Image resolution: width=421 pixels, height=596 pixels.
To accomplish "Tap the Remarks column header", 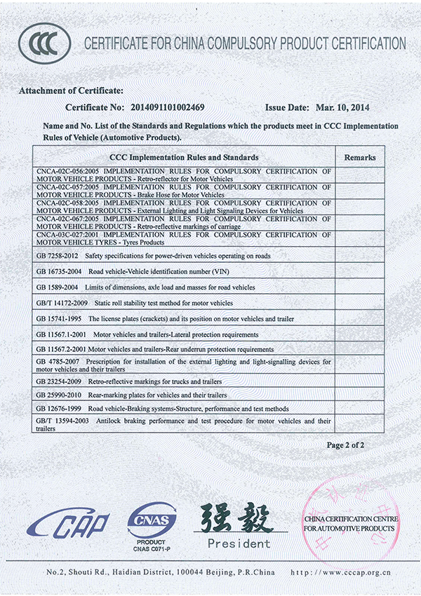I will coord(360,158).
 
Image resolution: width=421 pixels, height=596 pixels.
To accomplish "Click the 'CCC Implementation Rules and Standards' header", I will coord(185,158).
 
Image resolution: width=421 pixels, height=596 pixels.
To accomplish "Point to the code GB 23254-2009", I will coord(59,382).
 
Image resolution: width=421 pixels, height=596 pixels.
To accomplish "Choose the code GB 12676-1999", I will coord(59,408).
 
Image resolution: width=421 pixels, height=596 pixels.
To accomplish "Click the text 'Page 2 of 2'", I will coord(346,445).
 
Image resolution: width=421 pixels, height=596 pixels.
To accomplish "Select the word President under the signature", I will coord(239,543).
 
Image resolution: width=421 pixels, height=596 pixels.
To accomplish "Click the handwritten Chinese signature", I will coord(236,520).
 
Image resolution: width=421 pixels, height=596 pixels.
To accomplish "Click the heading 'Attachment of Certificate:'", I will coord(71,92).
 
